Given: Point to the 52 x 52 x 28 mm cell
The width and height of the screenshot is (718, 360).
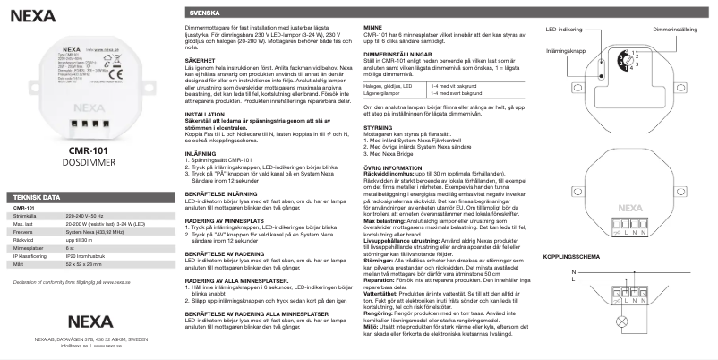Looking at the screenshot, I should (x=86, y=264).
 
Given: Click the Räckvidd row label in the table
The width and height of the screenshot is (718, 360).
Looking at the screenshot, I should (x=24, y=240).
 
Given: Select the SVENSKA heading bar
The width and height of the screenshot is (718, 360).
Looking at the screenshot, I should (x=202, y=15).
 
